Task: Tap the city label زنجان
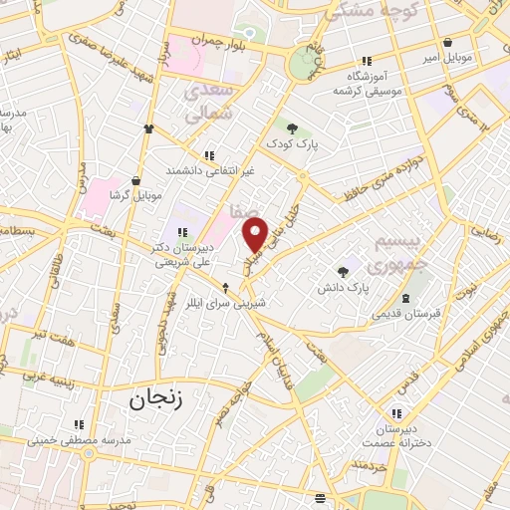[150, 400]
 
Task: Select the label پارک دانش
[344, 287]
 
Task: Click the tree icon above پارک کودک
[292, 127]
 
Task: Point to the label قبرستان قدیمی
[405, 314]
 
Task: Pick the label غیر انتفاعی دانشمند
[210, 171]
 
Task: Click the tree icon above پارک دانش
[344, 271]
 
